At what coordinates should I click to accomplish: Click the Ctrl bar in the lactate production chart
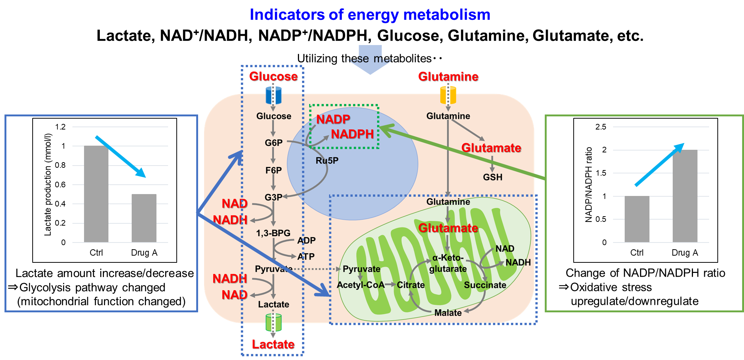tap(96, 194)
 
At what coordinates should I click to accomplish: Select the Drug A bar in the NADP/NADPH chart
tap(685, 196)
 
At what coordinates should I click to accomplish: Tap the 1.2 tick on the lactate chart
tap(60, 127)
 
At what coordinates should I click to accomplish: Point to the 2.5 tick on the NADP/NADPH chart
tap(601, 127)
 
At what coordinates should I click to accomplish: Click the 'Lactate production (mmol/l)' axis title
tap(48, 185)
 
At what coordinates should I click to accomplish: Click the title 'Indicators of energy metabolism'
tap(370, 15)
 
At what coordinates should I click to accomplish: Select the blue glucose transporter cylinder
tap(273, 95)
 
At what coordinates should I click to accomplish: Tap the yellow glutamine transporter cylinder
tap(448, 95)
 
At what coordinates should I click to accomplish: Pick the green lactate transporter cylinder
tap(273, 322)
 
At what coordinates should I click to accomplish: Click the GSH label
tap(492, 177)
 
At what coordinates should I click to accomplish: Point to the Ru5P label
tap(327, 161)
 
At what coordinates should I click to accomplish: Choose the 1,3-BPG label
tap(273, 233)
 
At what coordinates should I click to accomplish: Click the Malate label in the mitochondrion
tap(448, 313)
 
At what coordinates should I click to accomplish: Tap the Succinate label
tap(485, 285)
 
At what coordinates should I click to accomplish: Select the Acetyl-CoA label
tap(361, 285)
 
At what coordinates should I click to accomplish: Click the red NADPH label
tap(352, 134)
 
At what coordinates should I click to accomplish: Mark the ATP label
tap(306, 257)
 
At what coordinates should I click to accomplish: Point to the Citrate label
tap(411, 285)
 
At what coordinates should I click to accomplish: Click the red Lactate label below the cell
tap(273, 344)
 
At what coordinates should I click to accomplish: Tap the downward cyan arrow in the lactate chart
tap(120, 157)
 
